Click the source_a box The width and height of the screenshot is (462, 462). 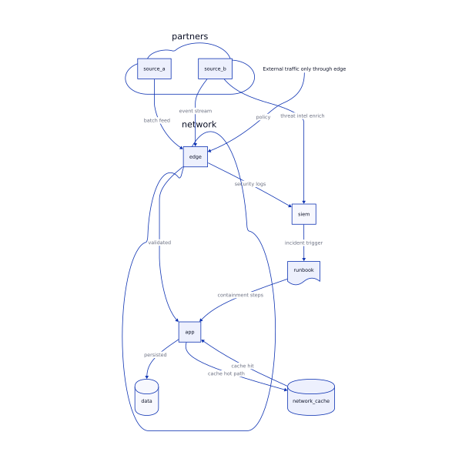click(154, 69)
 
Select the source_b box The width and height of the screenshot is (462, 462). click(215, 69)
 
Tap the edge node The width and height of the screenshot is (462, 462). click(196, 156)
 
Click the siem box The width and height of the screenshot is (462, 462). click(303, 214)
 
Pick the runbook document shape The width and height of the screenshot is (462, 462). click(303, 272)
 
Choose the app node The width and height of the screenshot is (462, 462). click(189, 332)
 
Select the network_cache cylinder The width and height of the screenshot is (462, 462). click(311, 397)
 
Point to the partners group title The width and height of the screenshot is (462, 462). click(189, 36)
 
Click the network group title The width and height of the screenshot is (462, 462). click(199, 125)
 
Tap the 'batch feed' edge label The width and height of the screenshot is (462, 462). click(157, 120)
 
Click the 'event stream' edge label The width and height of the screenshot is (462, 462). click(195, 111)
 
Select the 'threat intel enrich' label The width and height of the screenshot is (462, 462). click(302, 115)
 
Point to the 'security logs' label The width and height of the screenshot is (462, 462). click(250, 184)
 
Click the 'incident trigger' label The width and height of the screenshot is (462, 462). click(303, 243)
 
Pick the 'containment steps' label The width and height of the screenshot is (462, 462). click(240, 295)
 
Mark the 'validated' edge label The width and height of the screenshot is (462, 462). click(159, 243)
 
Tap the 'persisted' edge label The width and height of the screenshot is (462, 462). click(155, 355)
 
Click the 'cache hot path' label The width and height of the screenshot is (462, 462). click(226, 373)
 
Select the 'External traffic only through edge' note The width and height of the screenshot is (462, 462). click(304, 69)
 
